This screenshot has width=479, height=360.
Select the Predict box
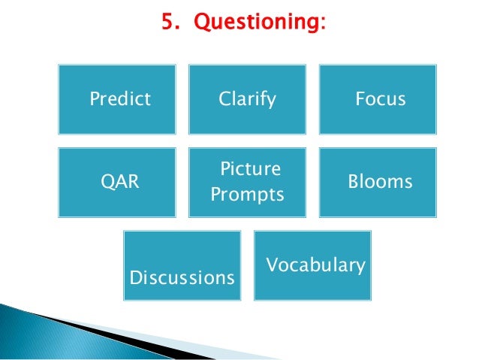[x=117, y=99]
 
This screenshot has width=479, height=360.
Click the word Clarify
[x=247, y=98]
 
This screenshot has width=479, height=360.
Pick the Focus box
[x=380, y=98]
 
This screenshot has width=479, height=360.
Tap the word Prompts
[x=247, y=195]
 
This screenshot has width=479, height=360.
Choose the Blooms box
[x=380, y=182]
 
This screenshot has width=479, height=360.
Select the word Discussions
[x=182, y=278]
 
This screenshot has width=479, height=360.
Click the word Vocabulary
[x=316, y=265]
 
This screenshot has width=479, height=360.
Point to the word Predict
[x=120, y=99]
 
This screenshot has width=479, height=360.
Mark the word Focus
[x=380, y=98]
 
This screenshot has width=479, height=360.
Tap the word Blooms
[x=380, y=182]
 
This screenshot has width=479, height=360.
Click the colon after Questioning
[x=324, y=25]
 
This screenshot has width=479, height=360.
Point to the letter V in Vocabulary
[x=272, y=265]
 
